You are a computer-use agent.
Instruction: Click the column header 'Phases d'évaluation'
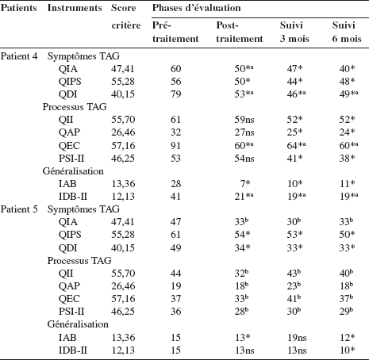(196, 8)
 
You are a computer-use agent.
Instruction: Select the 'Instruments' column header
(75, 8)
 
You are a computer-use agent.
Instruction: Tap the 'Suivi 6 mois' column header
(347, 32)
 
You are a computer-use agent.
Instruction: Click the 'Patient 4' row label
(19, 56)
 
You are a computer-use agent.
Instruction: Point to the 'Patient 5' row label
(19, 209)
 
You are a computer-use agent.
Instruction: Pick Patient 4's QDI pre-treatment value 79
(176, 94)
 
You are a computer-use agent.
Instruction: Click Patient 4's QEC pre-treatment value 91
(176, 145)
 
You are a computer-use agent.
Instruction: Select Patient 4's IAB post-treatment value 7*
(245, 183)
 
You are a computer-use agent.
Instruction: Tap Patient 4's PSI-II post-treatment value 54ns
(244, 158)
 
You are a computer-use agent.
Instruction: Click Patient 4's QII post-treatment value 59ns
(244, 120)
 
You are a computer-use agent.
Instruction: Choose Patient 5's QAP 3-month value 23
(294, 285)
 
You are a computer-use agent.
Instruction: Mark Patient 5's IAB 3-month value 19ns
(297, 337)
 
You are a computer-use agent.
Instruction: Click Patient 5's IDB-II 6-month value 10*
(348, 350)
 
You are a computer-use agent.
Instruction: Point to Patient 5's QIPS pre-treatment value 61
(176, 234)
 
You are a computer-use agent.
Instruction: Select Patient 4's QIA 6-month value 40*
(348, 69)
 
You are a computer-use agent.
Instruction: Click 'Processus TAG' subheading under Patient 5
(79, 261)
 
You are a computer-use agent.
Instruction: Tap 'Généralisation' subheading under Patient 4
(73, 171)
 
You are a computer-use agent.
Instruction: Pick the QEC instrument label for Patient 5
(69, 299)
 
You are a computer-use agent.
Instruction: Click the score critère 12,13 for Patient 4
(123, 197)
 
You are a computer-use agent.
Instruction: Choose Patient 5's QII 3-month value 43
(294, 273)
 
